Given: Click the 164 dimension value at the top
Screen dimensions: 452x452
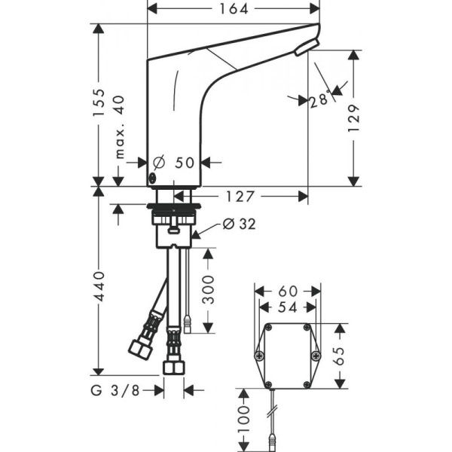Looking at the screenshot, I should tap(232, 9).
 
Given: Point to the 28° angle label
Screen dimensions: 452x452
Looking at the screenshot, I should tap(321, 100).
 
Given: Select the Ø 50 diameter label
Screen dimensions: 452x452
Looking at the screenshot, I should tap(175, 162).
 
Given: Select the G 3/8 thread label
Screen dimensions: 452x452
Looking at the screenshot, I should tap(124, 389).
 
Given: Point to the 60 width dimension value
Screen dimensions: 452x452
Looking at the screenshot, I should tap(288, 291).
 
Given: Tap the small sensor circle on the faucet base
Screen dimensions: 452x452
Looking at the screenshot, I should tap(154, 179).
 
